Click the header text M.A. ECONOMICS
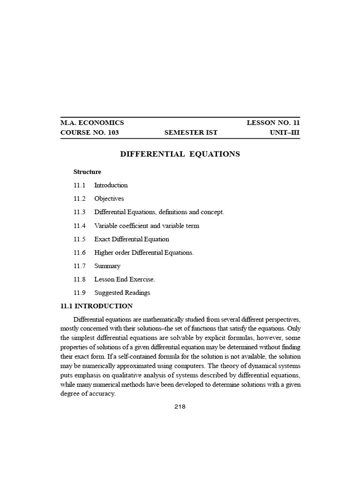pyautogui.click(x=92, y=123)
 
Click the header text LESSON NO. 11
pyautogui.click(x=273, y=123)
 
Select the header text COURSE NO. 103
pyautogui.click(x=90, y=133)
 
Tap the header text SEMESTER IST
pyautogui.click(x=191, y=133)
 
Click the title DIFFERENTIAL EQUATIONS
pyautogui.click(x=180, y=154)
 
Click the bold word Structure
pyautogui.click(x=87, y=172)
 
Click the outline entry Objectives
pyautogui.click(x=109, y=199)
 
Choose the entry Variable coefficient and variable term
pyautogui.click(x=146, y=226)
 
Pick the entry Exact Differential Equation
pyautogui.click(x=131, y=239)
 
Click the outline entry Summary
pyautogui.click(x=107, y=266)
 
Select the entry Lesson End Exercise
pyautogui.click(x=124, y=280)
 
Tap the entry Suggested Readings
pyautogui.click(x=122, y=293)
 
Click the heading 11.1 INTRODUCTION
pyautogui.click(x=97, y=307)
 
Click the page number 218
pyautogui.click(x=180, y=407)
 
